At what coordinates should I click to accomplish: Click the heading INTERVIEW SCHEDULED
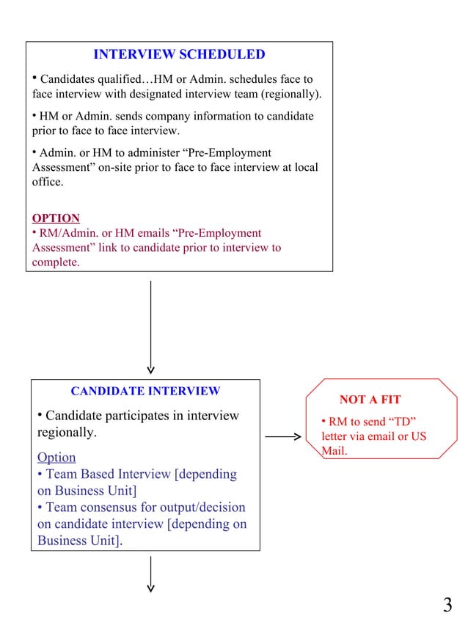(x=179, y=55)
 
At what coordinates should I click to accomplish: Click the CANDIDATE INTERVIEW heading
(x=145, y=392)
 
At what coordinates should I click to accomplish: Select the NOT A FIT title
(x=370, y=400)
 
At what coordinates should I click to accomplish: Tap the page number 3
(x=447, y=605)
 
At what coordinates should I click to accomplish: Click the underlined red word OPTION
(x=56, y=219)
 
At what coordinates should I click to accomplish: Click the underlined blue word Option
(x=56, y=458)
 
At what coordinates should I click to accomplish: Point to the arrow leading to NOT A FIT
(x=282, y=438)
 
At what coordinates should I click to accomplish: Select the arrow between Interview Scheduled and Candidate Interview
(x=150, y=326)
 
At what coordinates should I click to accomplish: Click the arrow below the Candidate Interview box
(x=150, y=573)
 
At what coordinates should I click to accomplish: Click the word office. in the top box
(x=48, y=183)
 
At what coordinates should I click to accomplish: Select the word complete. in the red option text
(x=56, y=263)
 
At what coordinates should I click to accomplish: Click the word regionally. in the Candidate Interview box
(x=67, y=433)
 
